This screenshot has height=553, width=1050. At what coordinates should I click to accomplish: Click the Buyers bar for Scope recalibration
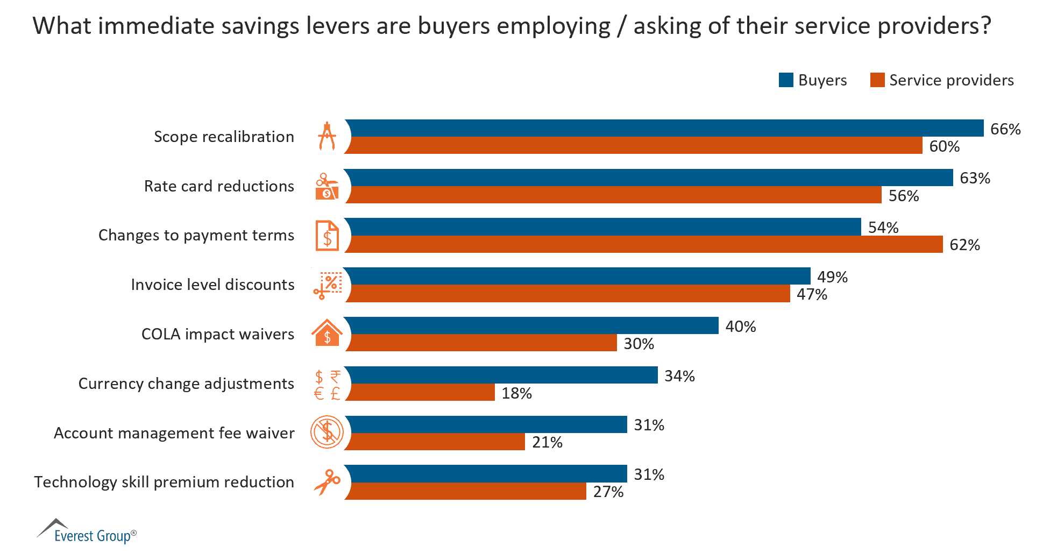[x=664, y=128]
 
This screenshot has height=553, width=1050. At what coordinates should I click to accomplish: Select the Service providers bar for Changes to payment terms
[x=644, y=244]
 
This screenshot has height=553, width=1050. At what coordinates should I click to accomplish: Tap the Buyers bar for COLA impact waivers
[x=531, y=325]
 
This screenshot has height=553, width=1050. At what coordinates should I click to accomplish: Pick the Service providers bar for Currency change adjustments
[x=420, y=392]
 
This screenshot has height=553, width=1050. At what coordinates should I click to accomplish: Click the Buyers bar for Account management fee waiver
[x=486, y=424]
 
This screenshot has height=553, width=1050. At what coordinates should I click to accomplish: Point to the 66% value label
[x=1005, y=129]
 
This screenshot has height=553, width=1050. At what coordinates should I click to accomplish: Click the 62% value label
[x=964, y=245]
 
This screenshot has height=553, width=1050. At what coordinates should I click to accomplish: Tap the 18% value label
[x=516, y=393]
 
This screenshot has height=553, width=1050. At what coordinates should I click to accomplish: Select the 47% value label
[x=811, y=294]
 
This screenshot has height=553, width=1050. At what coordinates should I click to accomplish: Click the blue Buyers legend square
[x=785, y=80]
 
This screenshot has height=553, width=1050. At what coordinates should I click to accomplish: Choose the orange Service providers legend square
[x=877, y=80]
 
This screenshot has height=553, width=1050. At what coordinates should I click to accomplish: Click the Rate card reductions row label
[x=219, y=186]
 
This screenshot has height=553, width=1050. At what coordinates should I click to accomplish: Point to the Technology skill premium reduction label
[x=164, y=482]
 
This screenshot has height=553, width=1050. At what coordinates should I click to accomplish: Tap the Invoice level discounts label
[x=212, y=285]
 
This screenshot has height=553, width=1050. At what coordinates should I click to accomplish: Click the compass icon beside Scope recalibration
[x=327, y=136]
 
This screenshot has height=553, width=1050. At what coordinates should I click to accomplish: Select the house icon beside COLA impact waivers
[x=327, y=333]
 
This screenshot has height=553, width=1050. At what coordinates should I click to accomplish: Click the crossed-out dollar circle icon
[x=327, y=432]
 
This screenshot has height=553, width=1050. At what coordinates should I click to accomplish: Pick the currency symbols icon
[x=327, y=384]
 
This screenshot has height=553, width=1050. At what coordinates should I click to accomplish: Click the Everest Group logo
[x=86, y=531]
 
